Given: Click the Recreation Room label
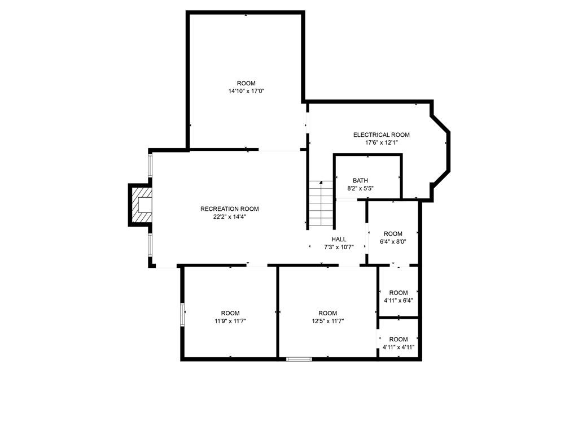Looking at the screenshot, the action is [x=229, y=209].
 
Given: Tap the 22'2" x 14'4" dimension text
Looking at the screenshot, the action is [x=229, y=217].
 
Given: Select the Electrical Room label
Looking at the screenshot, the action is [x=381, y=134].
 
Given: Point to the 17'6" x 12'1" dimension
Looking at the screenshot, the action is [x=381, y=143].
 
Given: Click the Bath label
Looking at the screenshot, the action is [x=360, y=180].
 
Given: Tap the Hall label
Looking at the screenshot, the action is [x=339, y=239].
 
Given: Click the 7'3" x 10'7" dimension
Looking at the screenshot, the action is [x=339, y=248].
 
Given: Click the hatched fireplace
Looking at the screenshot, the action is [x=142, y=205].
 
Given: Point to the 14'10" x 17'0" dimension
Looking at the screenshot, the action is [x=246, y=91].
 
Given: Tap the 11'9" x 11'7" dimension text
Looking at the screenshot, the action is [x=230, y=321].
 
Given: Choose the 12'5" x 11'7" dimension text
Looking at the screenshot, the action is [x=328, y=321].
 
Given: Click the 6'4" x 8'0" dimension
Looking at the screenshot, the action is [x=393, y=242].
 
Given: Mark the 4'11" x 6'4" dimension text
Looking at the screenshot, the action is [x=399, y=301].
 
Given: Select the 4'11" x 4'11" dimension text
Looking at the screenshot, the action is [x=399, y=348].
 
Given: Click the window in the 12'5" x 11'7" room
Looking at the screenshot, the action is [x=299, y=359].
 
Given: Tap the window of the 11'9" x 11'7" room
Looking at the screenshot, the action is [x=182, y=315].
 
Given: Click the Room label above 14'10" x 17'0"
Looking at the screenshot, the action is [x=246, y=84].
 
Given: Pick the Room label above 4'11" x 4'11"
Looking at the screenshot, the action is [x=399, y=339].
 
